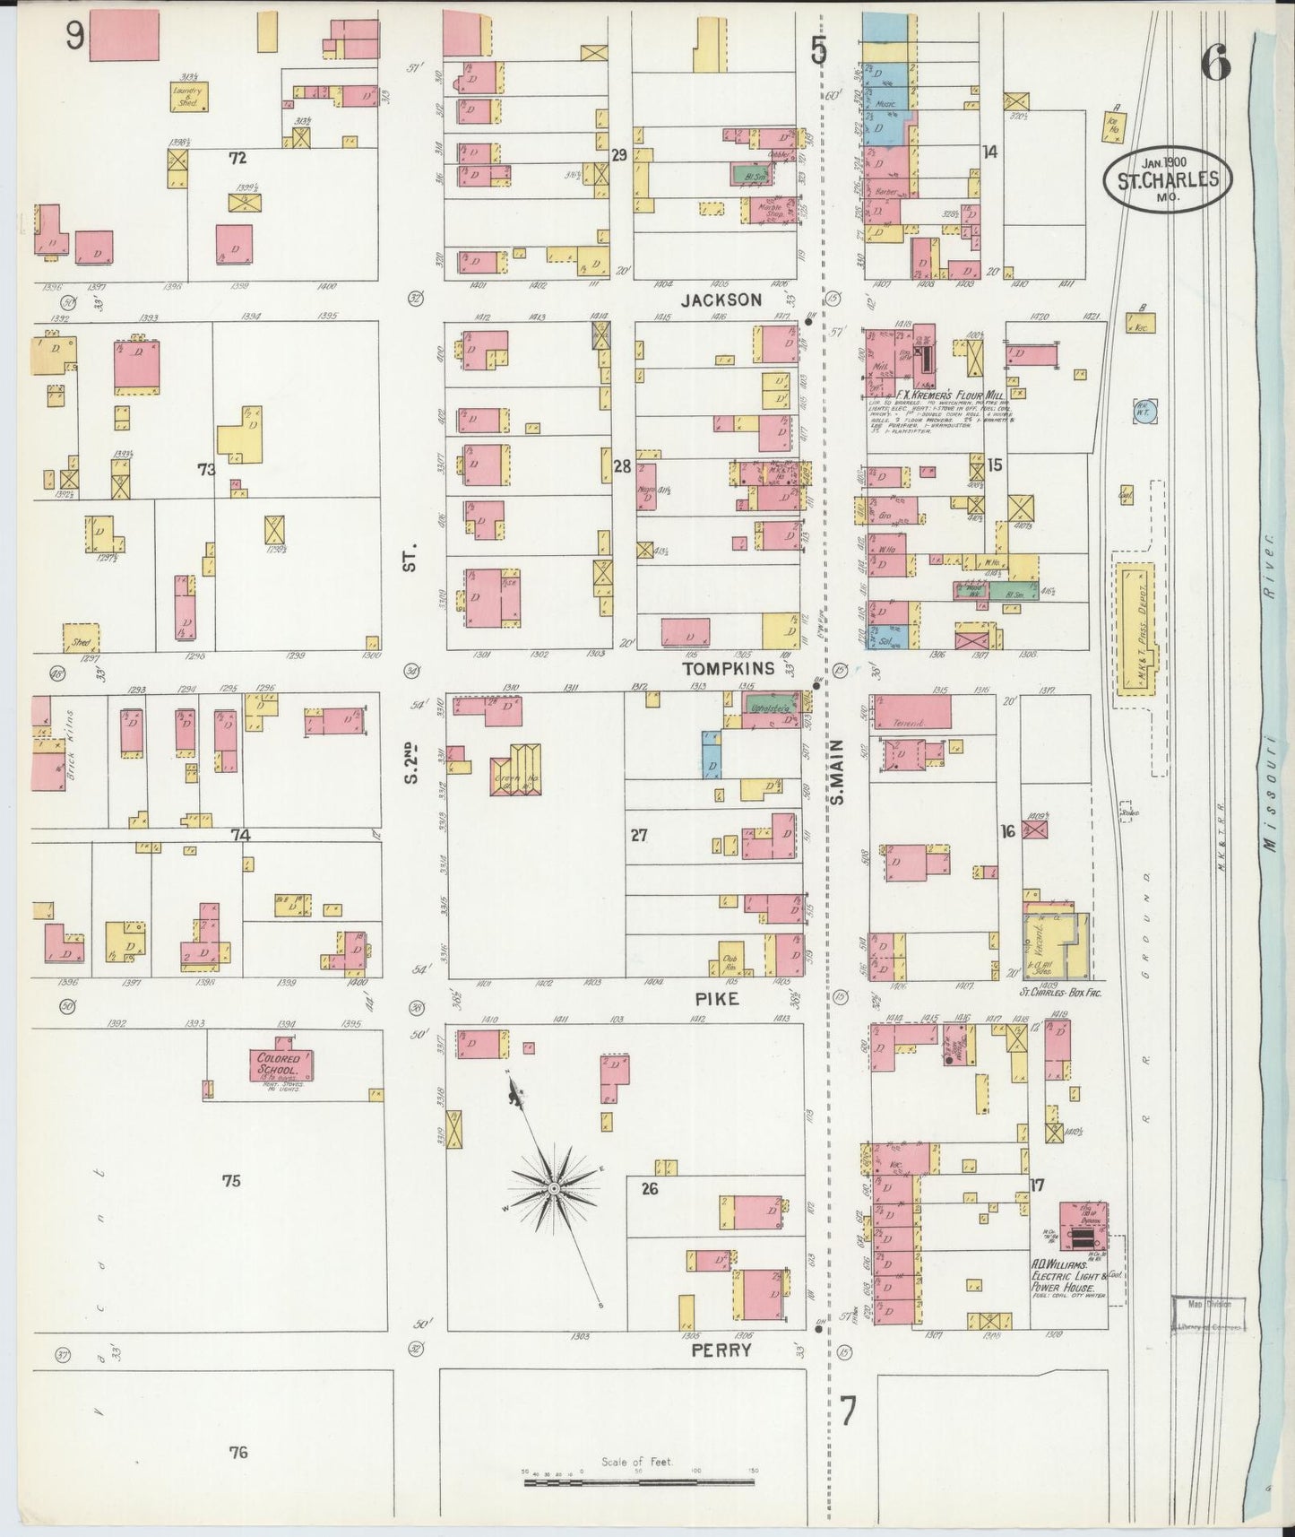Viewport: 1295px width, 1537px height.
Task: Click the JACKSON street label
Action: pos(721,300)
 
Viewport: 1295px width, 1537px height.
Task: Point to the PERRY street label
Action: pos(721,1349)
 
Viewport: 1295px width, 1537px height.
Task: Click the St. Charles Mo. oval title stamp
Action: pos(1167,178)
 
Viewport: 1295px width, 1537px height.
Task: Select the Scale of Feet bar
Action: pos(639,1481)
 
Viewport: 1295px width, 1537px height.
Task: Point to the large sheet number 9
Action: pos(74,36)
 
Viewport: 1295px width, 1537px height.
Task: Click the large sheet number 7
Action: pos(848,1411)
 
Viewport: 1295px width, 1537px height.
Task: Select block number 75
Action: pos(231,1181)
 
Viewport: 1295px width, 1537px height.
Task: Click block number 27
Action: pos(638,835)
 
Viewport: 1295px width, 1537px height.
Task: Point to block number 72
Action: pos(237,159)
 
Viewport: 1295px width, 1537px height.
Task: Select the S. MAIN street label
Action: pos(839,770)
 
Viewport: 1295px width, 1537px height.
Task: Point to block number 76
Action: pos(237,1452)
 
